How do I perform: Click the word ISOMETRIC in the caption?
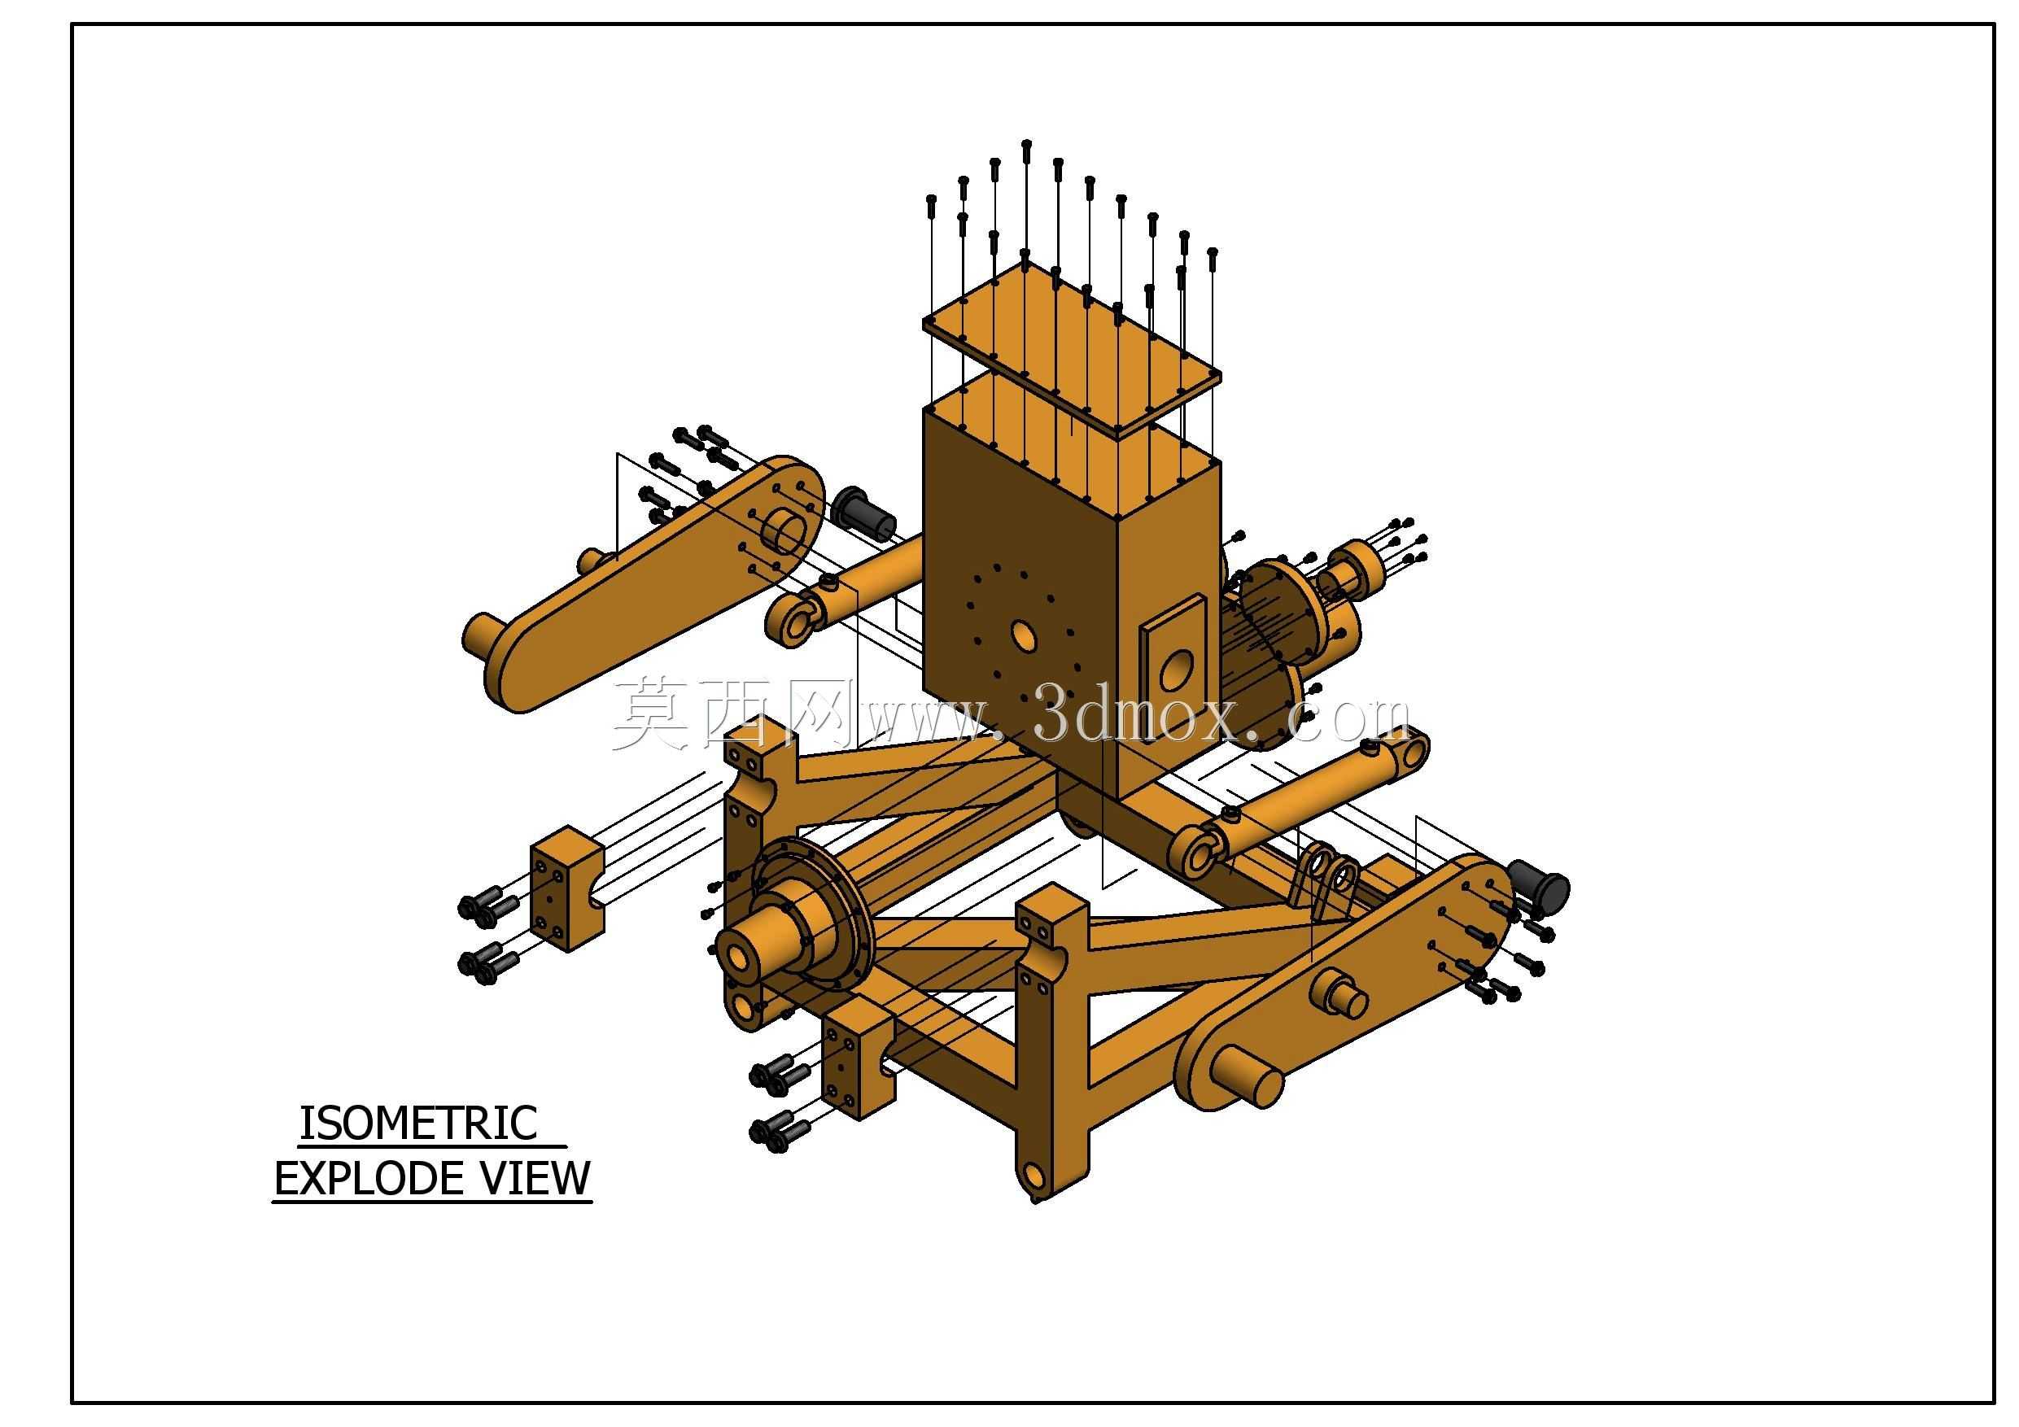pyautogui.click(x=418, y=1123)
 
